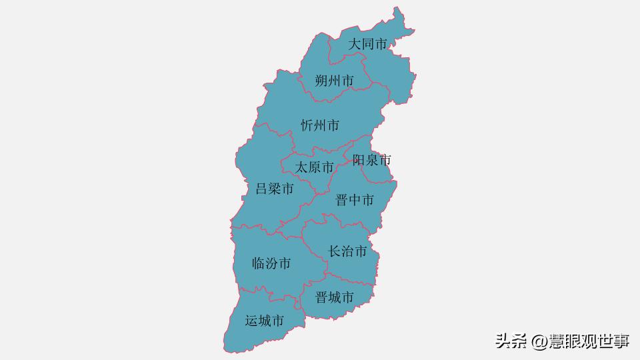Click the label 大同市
pyautogui.click(x=368, y=45)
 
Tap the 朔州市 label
pyautogui.click(x=334, y=81)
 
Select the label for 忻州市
pyautogui.click(x=320, y=125)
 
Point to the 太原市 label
pyautogui.click(x=315, y=167)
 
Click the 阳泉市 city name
pyautogui.click(x=371, y=160)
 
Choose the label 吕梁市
pyautogui.click(x=275, y=189)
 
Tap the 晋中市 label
pyautogui.click(x=354, y=200)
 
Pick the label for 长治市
pyautogui.click(x=347, y=251)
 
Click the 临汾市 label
pyautogui.click(x=271, y=263)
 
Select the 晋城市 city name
pyautogui.click(x=335, y=297)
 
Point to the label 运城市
pyautogui.click(x=265, y=321)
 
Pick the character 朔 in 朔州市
pyautogui.click(x=321, y=81)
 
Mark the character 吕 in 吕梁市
pyautogui.click(x=262, y=189)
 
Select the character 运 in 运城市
pyautogui.click(x=251, y=321)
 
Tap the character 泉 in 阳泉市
pyautogui.click(x=371, y=160)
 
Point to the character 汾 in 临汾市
pyautogui.click(x=271, y=263)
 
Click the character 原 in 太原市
pyautogui.click(x=315, y=167)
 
